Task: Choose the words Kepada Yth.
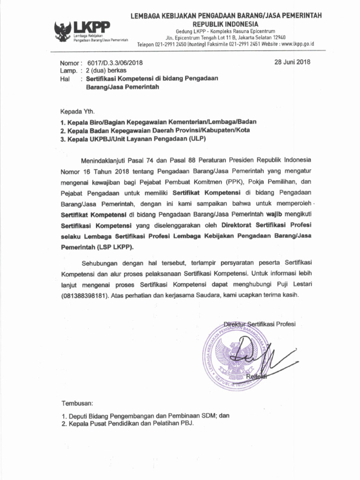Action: [x=77, y=112]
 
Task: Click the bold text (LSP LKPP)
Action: [x=117, y=247]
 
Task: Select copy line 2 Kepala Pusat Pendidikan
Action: [x=127, y=423]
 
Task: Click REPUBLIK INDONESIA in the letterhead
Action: [x=226, y=24]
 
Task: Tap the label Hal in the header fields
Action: [x=65, y=79]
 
